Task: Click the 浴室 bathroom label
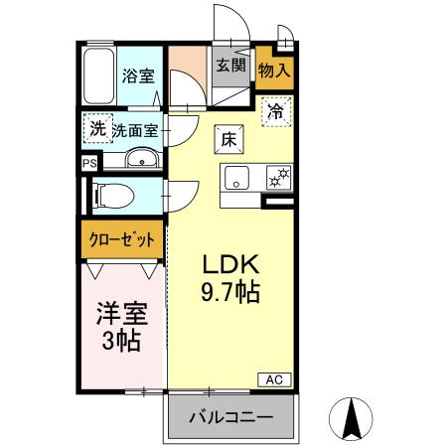[137, 74]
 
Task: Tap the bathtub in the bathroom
[98, 76]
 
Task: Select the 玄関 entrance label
[229, 67]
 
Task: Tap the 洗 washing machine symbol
[97, 128]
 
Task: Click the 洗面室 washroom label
[134, 129]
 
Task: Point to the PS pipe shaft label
[89, 163]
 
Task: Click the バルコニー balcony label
[230, 417]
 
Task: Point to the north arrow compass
[351, 418]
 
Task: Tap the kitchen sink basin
[237, 179]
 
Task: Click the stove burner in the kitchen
[278, 179]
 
